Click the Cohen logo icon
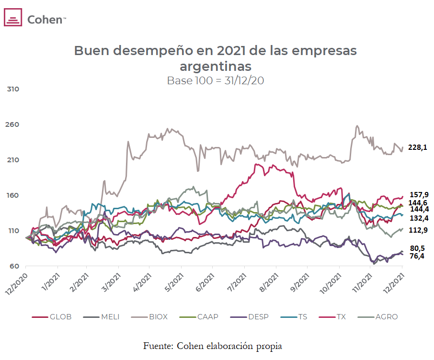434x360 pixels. pos(13,18)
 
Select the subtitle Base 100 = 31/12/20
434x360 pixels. pos(215,80)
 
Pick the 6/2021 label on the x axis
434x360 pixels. pos(206,282)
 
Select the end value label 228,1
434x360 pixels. pos(417,148)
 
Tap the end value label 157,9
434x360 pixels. pos(418,194)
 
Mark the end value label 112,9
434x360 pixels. pos(418,230)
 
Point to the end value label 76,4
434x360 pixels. pos(416,257)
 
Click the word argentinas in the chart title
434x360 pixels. pos(215,66)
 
